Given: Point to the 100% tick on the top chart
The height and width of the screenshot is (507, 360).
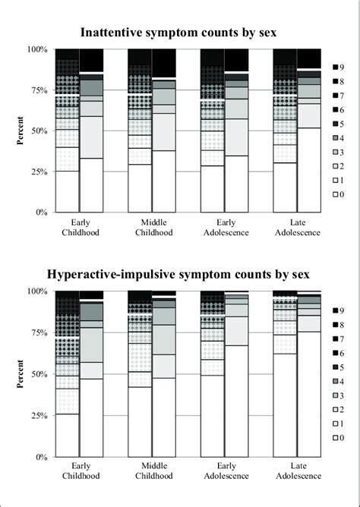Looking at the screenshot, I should click(x=37, y=49).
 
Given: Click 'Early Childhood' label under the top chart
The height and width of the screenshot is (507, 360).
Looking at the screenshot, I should click(x=78, y=227).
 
